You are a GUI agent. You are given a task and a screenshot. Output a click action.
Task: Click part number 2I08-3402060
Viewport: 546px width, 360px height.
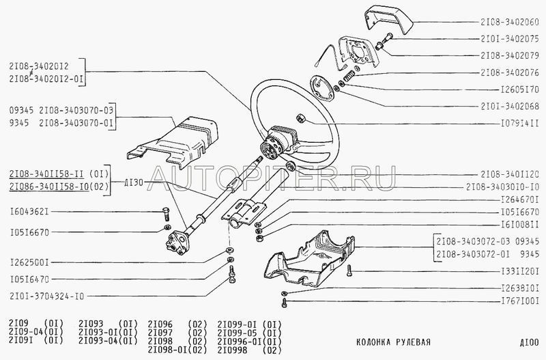[x=510, y=22]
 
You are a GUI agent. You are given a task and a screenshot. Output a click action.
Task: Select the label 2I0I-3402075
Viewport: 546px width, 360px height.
[x=510, y=39]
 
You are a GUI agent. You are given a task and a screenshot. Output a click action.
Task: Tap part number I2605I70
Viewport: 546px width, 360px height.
[x=520, y=89]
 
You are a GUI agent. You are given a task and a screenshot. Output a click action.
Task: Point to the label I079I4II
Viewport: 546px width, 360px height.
[x=520, y=124]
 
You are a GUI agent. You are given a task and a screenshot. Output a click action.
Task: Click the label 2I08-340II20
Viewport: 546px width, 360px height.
[x=510, y=174]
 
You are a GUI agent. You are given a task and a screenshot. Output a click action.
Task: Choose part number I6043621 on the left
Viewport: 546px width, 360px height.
[x=29, y=212]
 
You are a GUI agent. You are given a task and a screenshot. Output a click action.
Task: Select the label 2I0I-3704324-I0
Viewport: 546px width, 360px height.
[x=47, y=296]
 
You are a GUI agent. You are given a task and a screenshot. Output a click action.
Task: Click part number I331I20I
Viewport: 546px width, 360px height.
[x=520, y=271]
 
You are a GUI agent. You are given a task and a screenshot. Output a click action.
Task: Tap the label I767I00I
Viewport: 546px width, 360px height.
[x=520, y=301]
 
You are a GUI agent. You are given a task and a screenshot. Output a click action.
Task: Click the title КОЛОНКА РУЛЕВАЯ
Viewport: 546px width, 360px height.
[x=394, y=342]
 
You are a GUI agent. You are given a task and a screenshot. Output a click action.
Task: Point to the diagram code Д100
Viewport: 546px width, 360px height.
[x=530, y=342]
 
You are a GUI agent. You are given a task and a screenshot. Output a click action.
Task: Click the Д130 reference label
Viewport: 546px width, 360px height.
[x=134, y=182]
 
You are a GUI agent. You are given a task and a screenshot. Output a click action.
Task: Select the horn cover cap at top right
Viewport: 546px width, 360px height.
[x=388, y=18]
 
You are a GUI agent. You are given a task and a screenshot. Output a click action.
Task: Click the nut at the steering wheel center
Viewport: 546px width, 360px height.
[x=300, y=118]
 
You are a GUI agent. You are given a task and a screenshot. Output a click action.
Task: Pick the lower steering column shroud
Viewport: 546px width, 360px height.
[x=310, y=259]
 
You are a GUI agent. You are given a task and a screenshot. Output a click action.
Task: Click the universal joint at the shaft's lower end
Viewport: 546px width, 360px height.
[x=178, y=243]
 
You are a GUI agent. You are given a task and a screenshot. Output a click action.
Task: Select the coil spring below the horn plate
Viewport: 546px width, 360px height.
[x=349, y=76]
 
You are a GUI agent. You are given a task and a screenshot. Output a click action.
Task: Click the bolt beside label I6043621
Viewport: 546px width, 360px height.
[x=166, y=213]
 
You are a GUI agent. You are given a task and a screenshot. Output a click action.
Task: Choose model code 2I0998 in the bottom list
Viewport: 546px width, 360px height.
[x=232, y=350]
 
